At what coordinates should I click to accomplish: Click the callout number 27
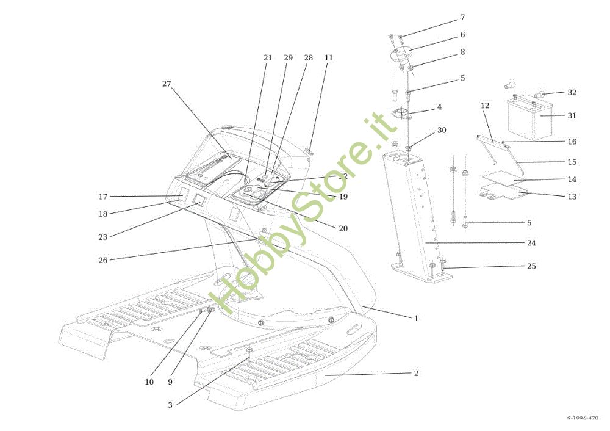[167, 84]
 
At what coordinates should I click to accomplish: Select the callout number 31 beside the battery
[572, 115]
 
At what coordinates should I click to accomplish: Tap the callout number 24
[531, 243]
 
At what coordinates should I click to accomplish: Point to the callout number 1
[416, 318]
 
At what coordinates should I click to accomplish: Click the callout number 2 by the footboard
[416, 373]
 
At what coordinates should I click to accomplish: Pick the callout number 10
[149, 382]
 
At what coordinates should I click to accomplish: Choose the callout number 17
[103, 197]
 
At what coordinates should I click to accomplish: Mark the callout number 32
[572, 93]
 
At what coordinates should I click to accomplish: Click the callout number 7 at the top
[462, 17]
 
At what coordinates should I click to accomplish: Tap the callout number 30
[442, 131]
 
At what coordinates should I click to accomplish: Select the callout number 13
[572, 197]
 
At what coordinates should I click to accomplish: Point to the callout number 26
[103, 260]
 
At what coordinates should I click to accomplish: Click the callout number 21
[268, 58]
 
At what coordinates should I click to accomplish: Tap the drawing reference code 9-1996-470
[583, 418]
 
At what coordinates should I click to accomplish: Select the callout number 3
[171, 405]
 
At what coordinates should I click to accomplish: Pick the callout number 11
[329, 58]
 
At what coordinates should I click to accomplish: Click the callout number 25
[531, 266]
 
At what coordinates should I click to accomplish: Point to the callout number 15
[572, 162]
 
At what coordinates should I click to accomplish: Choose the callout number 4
[439, 107]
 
